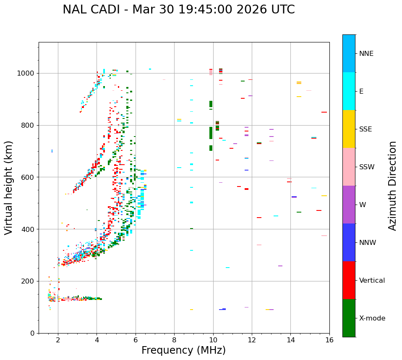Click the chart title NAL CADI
[x=178, y=10]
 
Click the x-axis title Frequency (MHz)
[x=183, y=350]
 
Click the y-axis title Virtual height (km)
[x=9, y=188]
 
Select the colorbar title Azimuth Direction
[x=392, y=186]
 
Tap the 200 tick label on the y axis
[x=28, y=281]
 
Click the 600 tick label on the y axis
[x=28, y=177]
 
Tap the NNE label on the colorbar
[x=366, y=54]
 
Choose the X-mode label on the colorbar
[x=372, y=318]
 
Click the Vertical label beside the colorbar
[x=372, y=281]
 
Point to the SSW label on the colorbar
[x=366, y=167]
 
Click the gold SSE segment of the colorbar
[x=349, y=129]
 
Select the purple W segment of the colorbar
[x=349, y=205]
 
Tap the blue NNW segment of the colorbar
[x=349, y=242]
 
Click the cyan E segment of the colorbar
[x=349, y=91]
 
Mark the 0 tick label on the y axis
[x=33, y=333]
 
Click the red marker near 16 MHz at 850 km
[x=324, y=112]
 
